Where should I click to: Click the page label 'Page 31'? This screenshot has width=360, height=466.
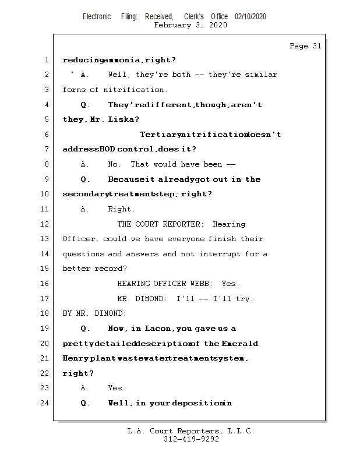pyautogui.click(x=305, y=46)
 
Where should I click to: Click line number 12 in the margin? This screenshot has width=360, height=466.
pyautogui.click(x=46, y=224)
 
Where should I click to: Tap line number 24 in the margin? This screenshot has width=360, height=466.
pyautogui.click(x=46, y=403)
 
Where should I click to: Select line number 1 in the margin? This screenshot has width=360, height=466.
pyautogui.click(x=46, y=60)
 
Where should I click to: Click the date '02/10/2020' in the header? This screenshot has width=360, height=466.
pyautogui.click(x=250, y=17)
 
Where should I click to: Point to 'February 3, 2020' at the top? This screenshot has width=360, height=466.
pyautogui.click(x=190, y=25)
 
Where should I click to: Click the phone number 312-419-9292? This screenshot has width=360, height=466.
pyautogui.click(x=191, y=440)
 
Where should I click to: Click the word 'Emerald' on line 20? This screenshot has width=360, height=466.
pyautogui.click(x=240, y=344)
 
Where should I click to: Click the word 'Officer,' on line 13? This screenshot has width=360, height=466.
pyautogui.click(x=80, y=239)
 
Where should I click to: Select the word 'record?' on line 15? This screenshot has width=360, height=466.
pyautogui.click(x=111, y=269)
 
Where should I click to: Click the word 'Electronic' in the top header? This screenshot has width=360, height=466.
pyautogui.click(x=97, y=17)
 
